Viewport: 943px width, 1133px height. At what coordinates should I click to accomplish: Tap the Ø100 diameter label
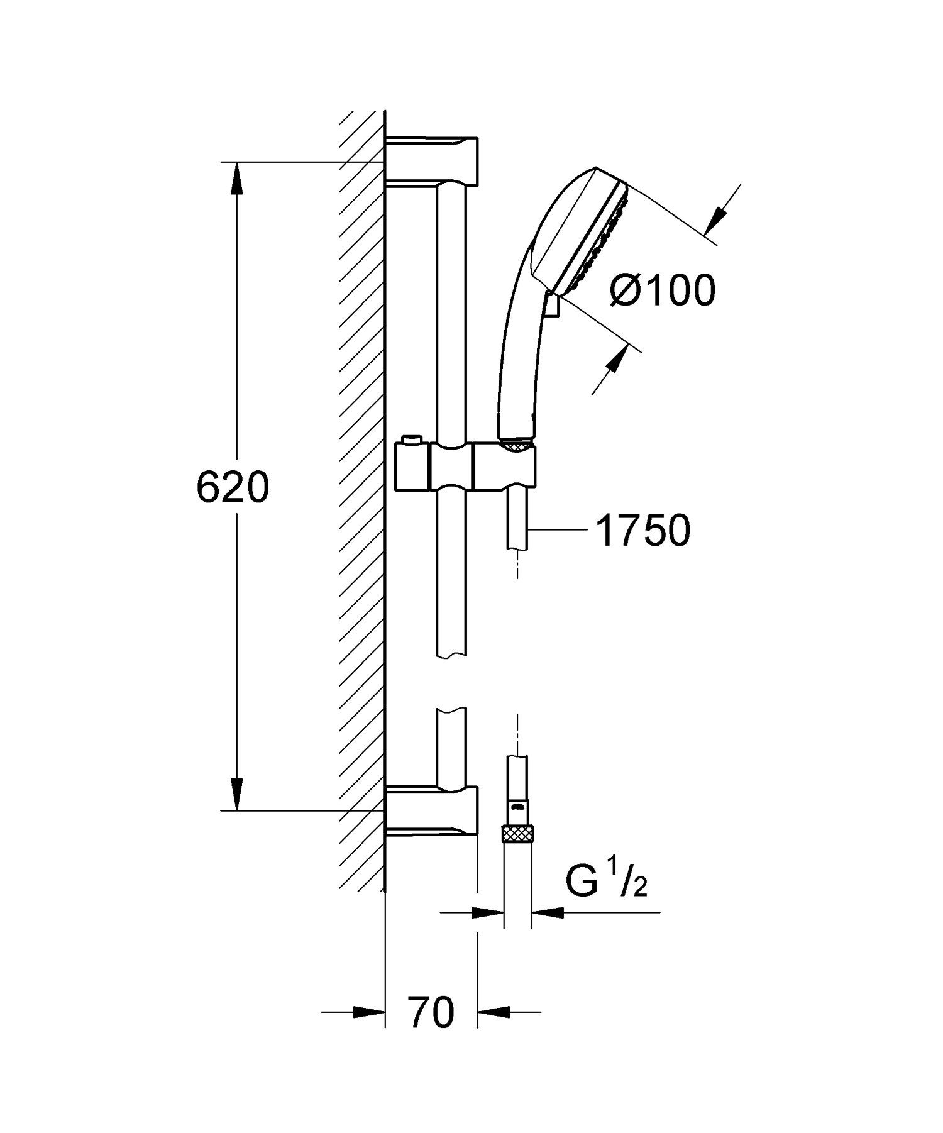click(664, 290)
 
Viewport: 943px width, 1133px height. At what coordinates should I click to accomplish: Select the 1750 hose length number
click(642, 531)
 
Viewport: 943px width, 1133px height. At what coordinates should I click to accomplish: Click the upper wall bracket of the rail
click(433, 160)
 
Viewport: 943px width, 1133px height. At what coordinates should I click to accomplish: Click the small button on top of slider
click(412, 438)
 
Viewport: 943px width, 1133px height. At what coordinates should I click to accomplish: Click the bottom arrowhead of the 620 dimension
click(236, 794)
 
